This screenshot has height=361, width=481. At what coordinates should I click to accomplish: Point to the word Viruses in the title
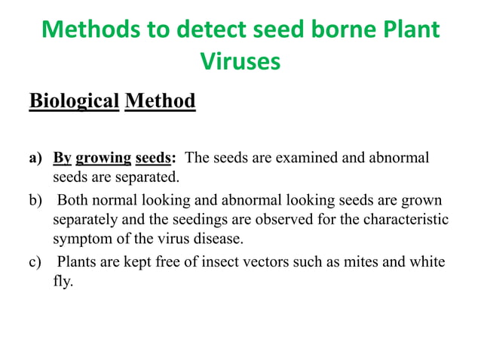point(240,63)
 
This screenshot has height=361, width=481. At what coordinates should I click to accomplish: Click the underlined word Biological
point(75,100)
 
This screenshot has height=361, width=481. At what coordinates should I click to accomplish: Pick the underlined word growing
point(104,159)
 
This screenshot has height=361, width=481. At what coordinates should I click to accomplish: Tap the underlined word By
point(62,159)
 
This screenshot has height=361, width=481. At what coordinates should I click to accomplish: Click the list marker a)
point(35,159)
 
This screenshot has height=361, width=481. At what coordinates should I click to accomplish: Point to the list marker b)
point(35,201)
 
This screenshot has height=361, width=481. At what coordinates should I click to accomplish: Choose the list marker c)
point(35,263)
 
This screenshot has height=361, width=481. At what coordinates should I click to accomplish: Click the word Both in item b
point(74,201)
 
